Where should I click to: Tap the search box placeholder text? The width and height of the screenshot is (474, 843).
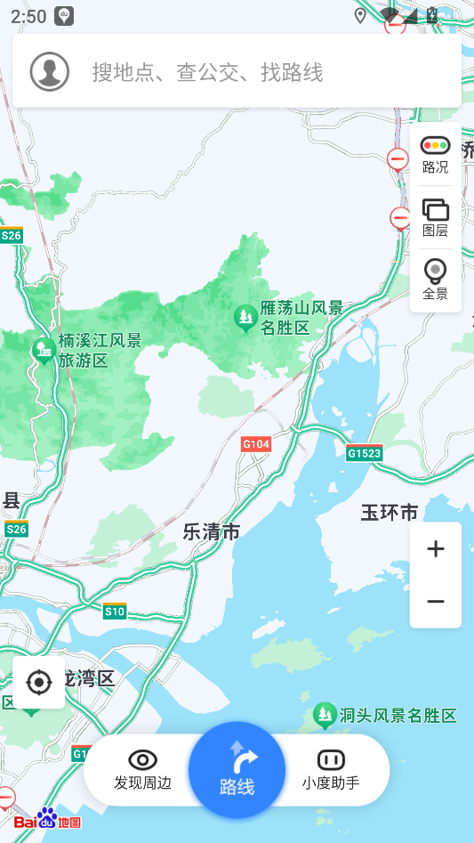tap(207, 73)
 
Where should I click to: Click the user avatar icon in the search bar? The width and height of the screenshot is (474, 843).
tap(50, 72)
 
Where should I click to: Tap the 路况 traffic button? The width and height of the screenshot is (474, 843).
tap(435, 155)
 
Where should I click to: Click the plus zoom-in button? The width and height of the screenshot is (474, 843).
tap(436, 549)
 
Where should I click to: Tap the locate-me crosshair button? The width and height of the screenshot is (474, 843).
tap(39, 683)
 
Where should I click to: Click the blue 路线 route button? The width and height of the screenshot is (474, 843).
tap(237, 770)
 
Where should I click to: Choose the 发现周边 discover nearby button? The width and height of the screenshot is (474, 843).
tap(142, 770)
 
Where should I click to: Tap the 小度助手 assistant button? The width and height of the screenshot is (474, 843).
tap(331, 770)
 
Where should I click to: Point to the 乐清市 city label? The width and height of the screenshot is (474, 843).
tap(212, 532)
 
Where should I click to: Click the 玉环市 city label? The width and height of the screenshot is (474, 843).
tap(389, 513)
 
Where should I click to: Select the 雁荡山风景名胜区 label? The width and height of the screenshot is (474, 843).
tap(301, 318)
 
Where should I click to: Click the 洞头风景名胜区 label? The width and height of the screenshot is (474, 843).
tap(398, 716)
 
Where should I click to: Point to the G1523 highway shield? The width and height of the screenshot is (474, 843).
tap(365, 453)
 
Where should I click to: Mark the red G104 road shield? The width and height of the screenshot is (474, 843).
tap(255, 443)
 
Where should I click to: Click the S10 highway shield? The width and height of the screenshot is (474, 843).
tap(115, 611)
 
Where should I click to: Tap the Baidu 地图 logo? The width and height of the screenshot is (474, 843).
tap(47, 820)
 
